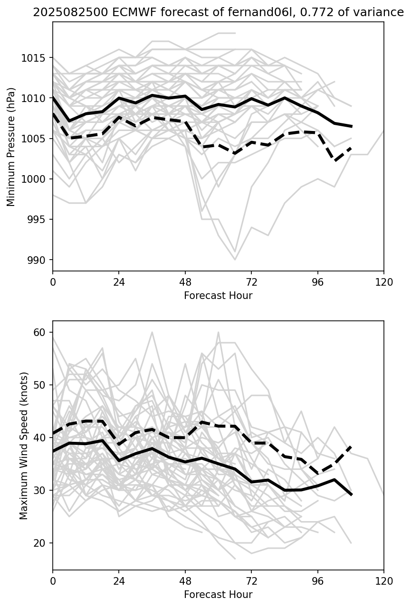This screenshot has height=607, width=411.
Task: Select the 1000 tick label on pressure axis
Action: tap(36, 179)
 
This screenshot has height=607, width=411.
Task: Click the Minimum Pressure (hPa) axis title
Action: tap(11, 147)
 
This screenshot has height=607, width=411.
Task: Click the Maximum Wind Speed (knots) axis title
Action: tap(24, 445)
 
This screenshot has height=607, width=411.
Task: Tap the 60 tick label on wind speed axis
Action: tap(42, 332)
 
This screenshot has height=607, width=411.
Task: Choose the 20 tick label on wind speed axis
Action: tap(42, 543)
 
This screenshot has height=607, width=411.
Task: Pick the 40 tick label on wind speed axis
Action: tap(42, 438)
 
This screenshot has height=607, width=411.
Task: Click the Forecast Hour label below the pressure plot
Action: tap(218, 296)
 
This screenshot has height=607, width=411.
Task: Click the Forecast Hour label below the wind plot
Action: tap(218, 595)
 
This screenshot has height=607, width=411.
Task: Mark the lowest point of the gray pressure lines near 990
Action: tap(235, 260)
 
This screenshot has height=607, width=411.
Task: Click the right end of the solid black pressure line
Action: tap(351, 126)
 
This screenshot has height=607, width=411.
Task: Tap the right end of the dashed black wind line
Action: tap(351, 446)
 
